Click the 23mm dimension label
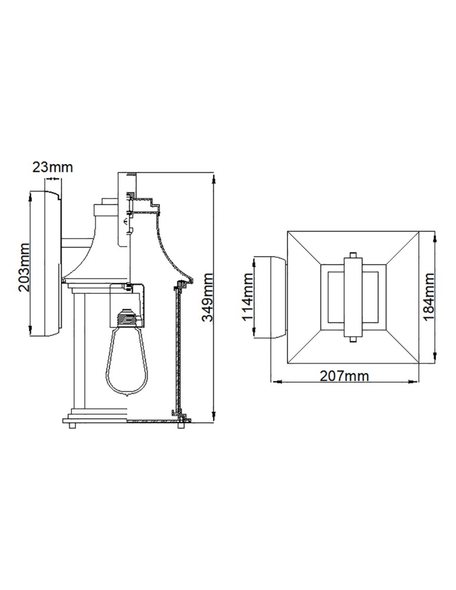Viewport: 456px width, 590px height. (52, 167)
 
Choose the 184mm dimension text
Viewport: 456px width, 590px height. (428, 297)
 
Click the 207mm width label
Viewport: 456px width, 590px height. (345, 376)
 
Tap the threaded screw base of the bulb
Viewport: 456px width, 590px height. (129, 319)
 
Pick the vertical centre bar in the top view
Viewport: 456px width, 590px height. (353, 297)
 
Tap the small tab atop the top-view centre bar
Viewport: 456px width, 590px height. (353, 255)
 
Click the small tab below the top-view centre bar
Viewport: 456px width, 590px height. (353, 340)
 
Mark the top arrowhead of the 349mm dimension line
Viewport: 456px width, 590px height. (213, 175)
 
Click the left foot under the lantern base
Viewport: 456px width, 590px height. (72, 427)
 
